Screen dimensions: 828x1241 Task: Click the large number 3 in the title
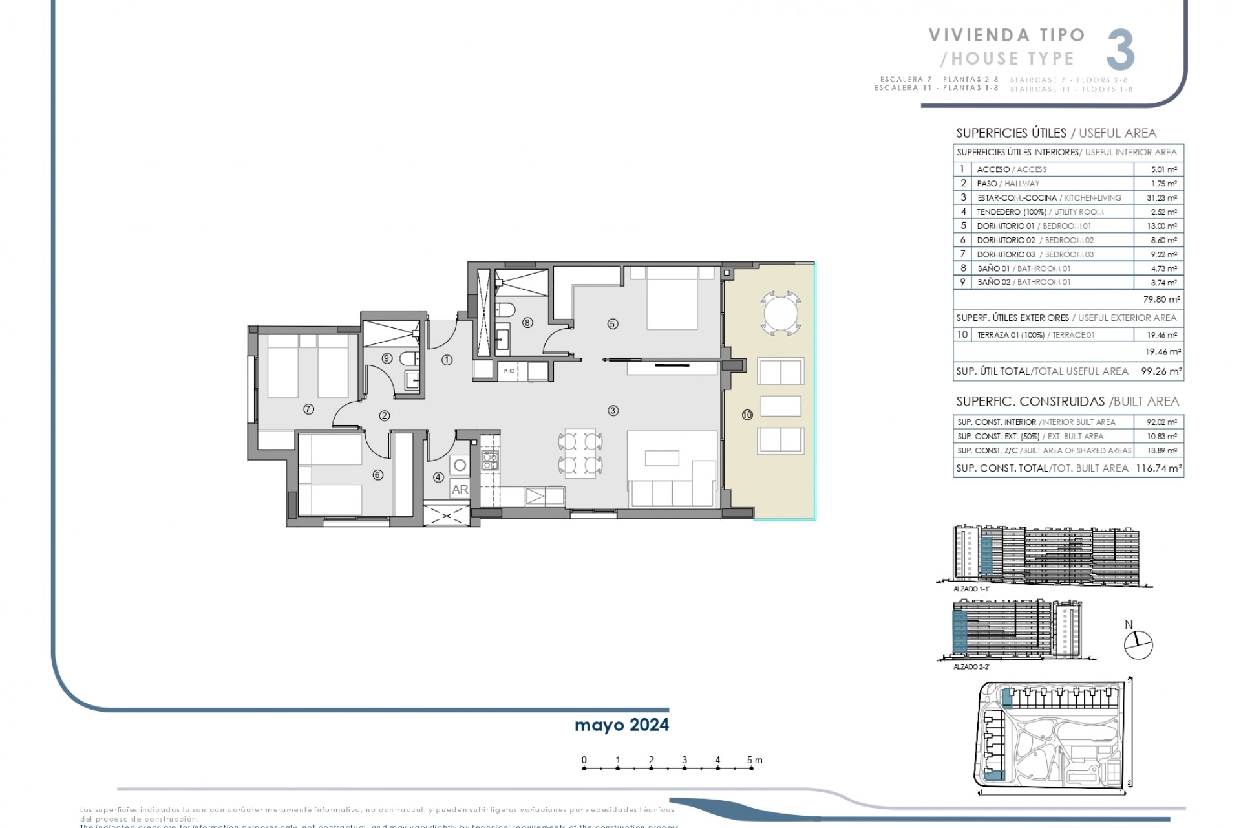pos(1120,50)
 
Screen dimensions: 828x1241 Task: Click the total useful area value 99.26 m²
pos(1161,371)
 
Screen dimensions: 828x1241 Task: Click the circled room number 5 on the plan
pos(612,324)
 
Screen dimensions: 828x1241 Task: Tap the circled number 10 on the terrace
pos(747,415)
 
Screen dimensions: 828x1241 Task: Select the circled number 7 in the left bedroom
pos(308,409)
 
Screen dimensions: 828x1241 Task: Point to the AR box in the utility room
pos(460,490)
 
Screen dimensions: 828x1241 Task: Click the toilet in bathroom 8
pos(505,310)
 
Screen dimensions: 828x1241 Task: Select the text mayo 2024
pos(621,725)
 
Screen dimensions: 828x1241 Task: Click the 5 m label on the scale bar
pos(754,760)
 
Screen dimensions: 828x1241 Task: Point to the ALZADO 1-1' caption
pos(971,589)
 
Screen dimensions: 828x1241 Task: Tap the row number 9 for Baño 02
pos(962,283)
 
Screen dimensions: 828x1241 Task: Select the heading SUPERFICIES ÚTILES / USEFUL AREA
pos(1055,133)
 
